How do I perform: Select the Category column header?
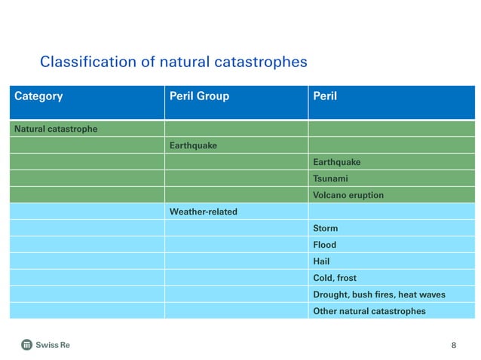(38, 96)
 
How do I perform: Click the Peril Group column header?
(199, 96)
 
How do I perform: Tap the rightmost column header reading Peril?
(325, 96)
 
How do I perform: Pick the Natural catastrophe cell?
(56, 129)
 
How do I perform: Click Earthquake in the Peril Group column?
(193, 145)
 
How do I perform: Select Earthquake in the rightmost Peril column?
(336, 162)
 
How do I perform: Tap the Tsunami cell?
(330, 178)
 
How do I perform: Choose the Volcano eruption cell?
(348, 195)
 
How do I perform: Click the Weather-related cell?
(204, 212)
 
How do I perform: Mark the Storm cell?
(326, 228)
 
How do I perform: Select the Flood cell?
(325, 245)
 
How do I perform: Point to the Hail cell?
(321, 261)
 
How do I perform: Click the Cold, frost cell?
(335, 278)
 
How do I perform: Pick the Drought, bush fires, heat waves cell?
(379, 294)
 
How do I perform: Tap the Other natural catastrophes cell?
(369, 311)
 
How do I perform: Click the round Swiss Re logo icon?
(27, 345)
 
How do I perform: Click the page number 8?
(453, 345)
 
